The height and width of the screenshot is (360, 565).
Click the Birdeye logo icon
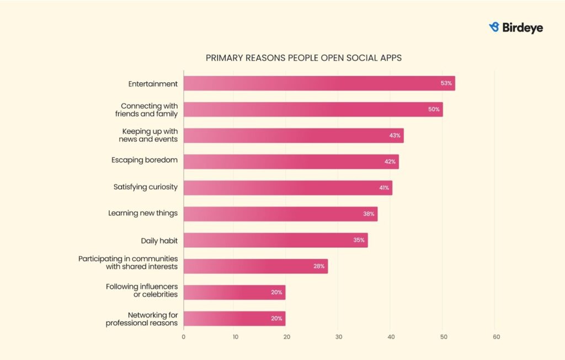coord(494,27)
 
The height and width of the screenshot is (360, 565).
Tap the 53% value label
coord(446,83)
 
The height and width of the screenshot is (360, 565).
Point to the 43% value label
coord(395,135)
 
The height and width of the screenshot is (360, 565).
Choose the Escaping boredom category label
coord(145,161)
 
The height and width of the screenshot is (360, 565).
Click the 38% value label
coord(369,214)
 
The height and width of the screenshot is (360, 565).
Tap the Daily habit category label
coord(159,241)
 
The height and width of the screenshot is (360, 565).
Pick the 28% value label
coord(319,266)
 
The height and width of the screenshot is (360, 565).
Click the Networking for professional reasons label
coord(142,319)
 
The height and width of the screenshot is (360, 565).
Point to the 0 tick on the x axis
coord(184,336)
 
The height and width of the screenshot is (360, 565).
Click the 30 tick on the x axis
coord(339,336)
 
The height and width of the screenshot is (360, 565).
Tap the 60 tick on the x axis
coord(496,336)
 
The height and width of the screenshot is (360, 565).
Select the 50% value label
coord(434,109)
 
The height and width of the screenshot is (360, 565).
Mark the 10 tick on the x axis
coord(235,336)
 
